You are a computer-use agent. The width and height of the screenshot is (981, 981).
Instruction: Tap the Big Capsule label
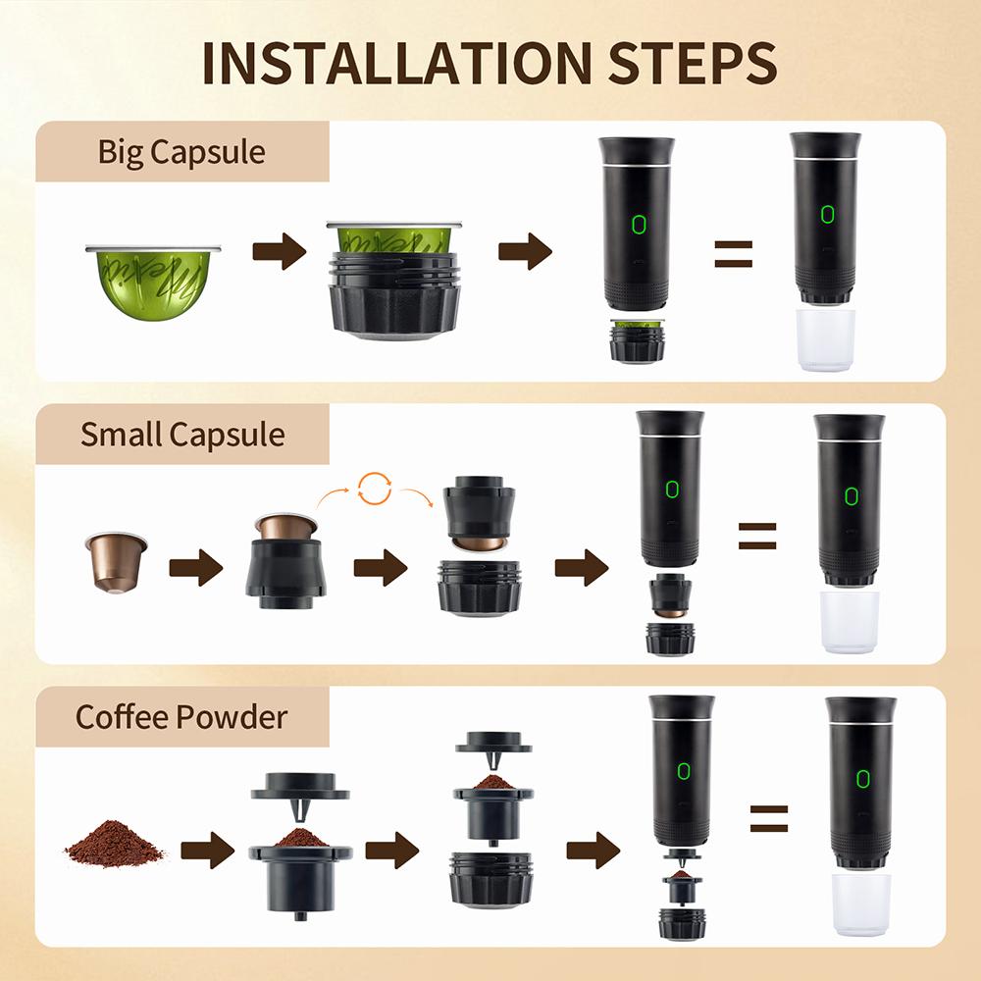181,153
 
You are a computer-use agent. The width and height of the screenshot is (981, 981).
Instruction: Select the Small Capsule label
182,435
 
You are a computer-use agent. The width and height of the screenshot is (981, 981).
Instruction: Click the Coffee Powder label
181,716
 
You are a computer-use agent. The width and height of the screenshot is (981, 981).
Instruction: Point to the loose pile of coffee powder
114,844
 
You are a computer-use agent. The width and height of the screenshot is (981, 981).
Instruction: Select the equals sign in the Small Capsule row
756,536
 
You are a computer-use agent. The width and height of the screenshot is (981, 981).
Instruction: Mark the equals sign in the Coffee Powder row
769,817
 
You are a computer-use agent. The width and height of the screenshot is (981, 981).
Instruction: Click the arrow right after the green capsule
279,252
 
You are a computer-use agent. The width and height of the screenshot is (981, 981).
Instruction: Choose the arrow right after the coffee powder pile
207,849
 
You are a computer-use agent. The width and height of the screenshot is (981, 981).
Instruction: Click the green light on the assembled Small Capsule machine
849,493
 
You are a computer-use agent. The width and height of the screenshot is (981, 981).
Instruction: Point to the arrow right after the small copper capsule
195,568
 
